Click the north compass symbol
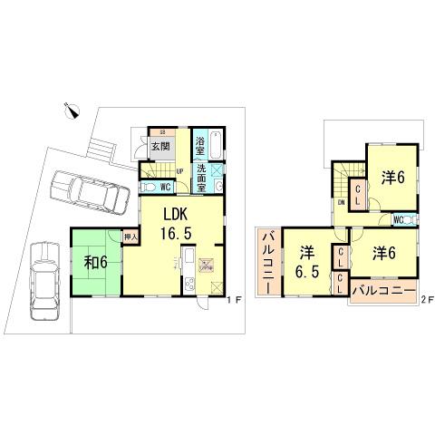click(73, 111)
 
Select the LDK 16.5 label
click(177, 222)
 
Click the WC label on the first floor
click(166, 188)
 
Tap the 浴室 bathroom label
click(201, 143)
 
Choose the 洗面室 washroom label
click(203, 169)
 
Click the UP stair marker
click(179, 170)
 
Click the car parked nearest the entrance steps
click(87, 191)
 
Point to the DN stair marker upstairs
click(341, 203)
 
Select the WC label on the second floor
click(399, 218)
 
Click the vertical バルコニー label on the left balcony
click(269, 257)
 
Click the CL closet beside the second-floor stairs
click(358, 194)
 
